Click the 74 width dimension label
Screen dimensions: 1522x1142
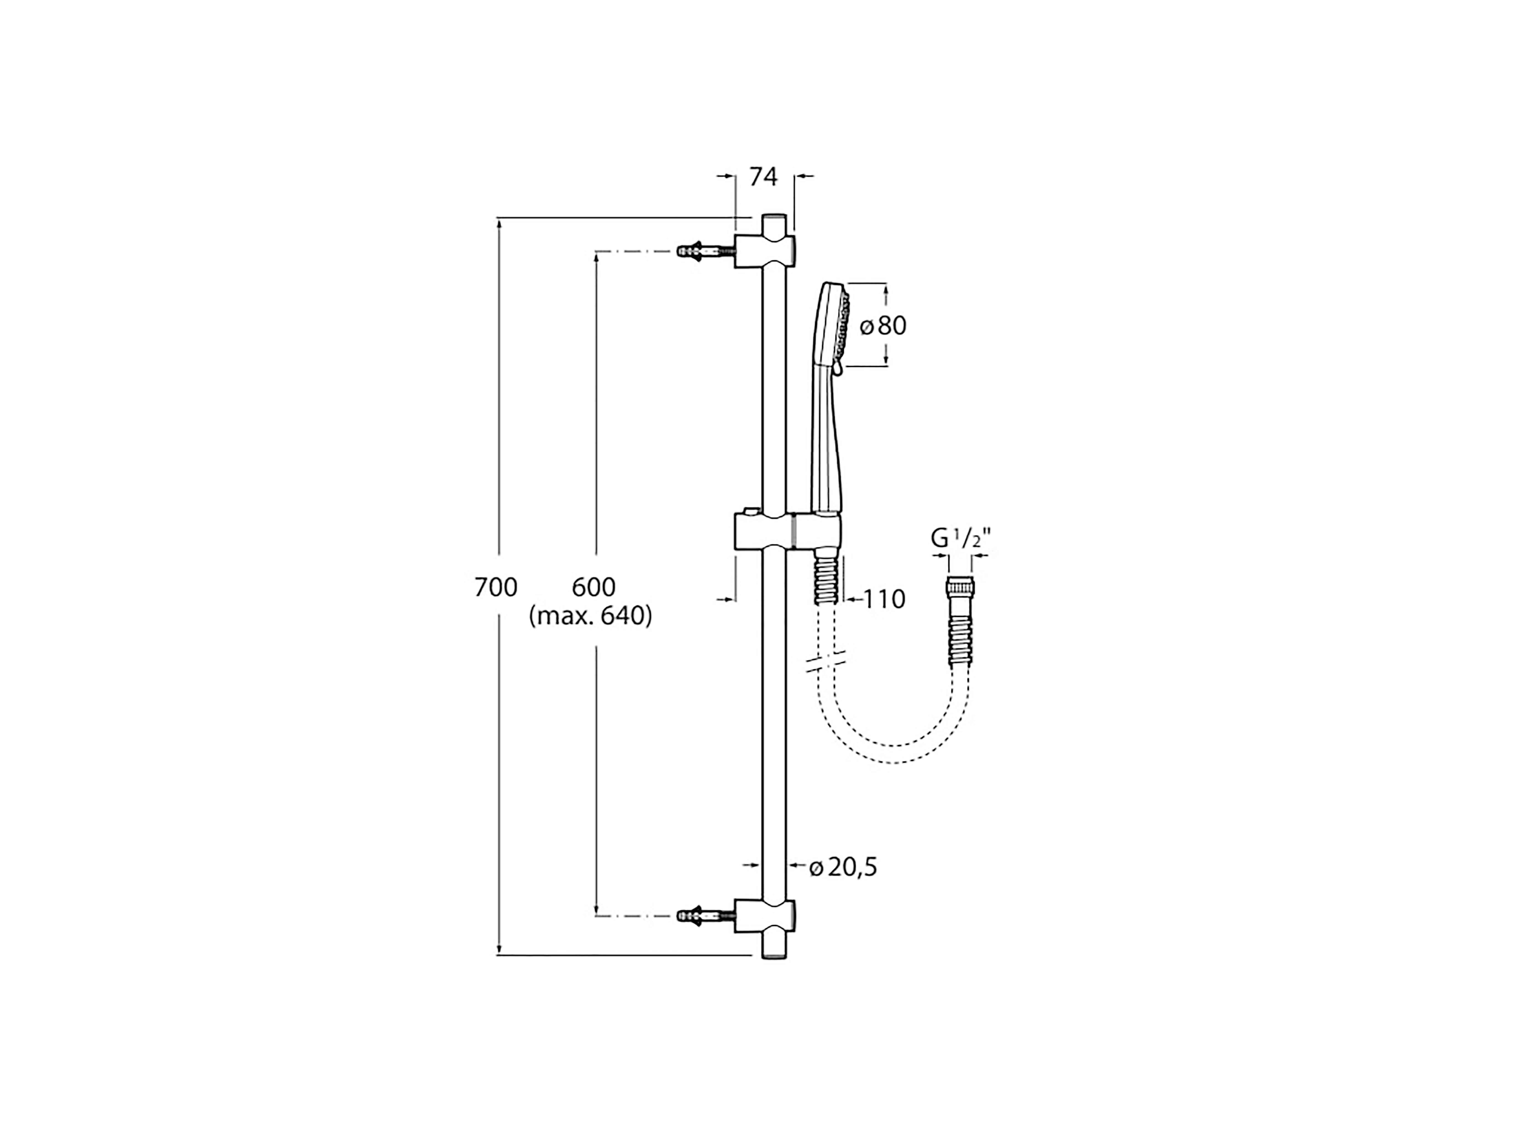click(x=763, y=177)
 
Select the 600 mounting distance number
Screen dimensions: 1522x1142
click(x=594, y=587)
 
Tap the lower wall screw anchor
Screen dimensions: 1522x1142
click(x=705, y=916)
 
